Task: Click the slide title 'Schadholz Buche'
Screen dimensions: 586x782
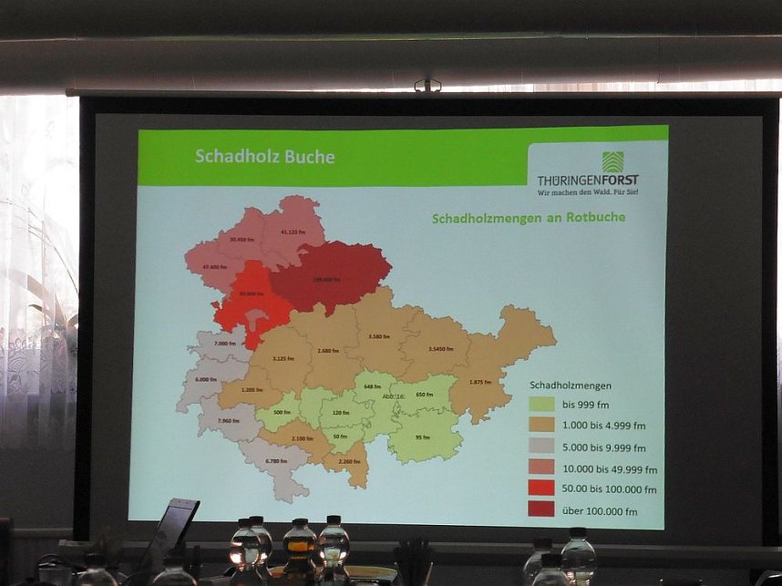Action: click(264, 157)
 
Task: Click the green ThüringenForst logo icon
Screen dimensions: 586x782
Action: click(612, 161)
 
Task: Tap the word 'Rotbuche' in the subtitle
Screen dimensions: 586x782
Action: click(596, 218)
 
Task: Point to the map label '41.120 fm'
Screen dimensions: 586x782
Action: click(293, 231)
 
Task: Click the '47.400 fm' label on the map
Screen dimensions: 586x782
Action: click(214, 267)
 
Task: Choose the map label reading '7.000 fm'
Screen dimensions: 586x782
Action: click(226, 344)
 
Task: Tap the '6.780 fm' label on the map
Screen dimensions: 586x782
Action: click(277, 460)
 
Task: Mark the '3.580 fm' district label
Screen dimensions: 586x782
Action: click(381, 336)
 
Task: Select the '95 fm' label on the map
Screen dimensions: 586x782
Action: click(422, 437)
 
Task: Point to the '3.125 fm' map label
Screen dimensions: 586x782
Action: click(284, 358)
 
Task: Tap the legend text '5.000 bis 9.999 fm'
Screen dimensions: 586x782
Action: click(603, 447)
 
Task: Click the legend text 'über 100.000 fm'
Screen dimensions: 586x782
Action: click(600, 511)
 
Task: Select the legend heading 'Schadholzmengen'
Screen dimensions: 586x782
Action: click(571, 385)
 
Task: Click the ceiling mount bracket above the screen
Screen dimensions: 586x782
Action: click(427, 86)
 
